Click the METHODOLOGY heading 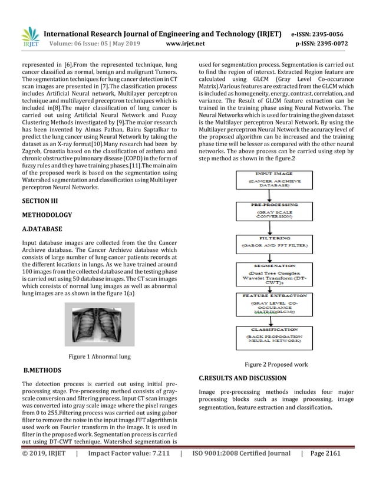point(47,215)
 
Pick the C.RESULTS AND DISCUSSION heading point(243,377)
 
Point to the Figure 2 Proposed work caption point(276,365)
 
